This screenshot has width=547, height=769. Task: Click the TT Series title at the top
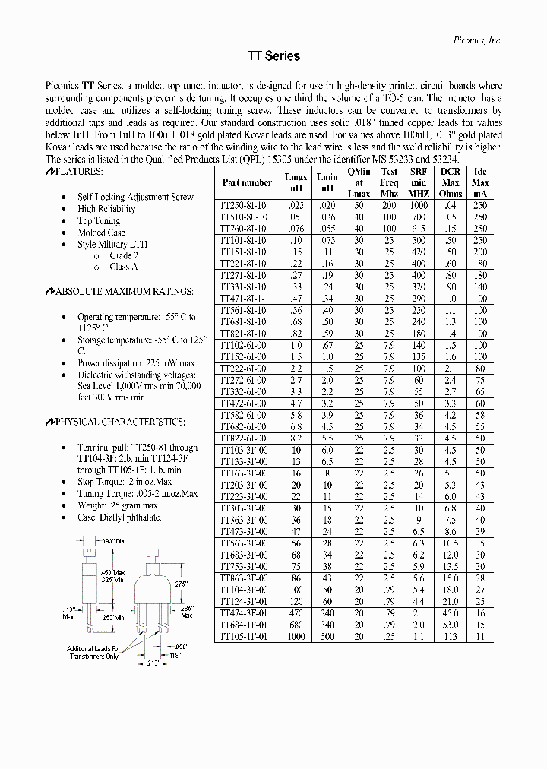[x=273, y=56]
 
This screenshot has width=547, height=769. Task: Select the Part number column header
[x=247, y=183]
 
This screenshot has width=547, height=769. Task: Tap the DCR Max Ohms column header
[x=450, y=183]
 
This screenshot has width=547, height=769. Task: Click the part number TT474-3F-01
[x=243, y=612]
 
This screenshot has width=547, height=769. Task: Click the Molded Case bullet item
[x=101, y=233]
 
